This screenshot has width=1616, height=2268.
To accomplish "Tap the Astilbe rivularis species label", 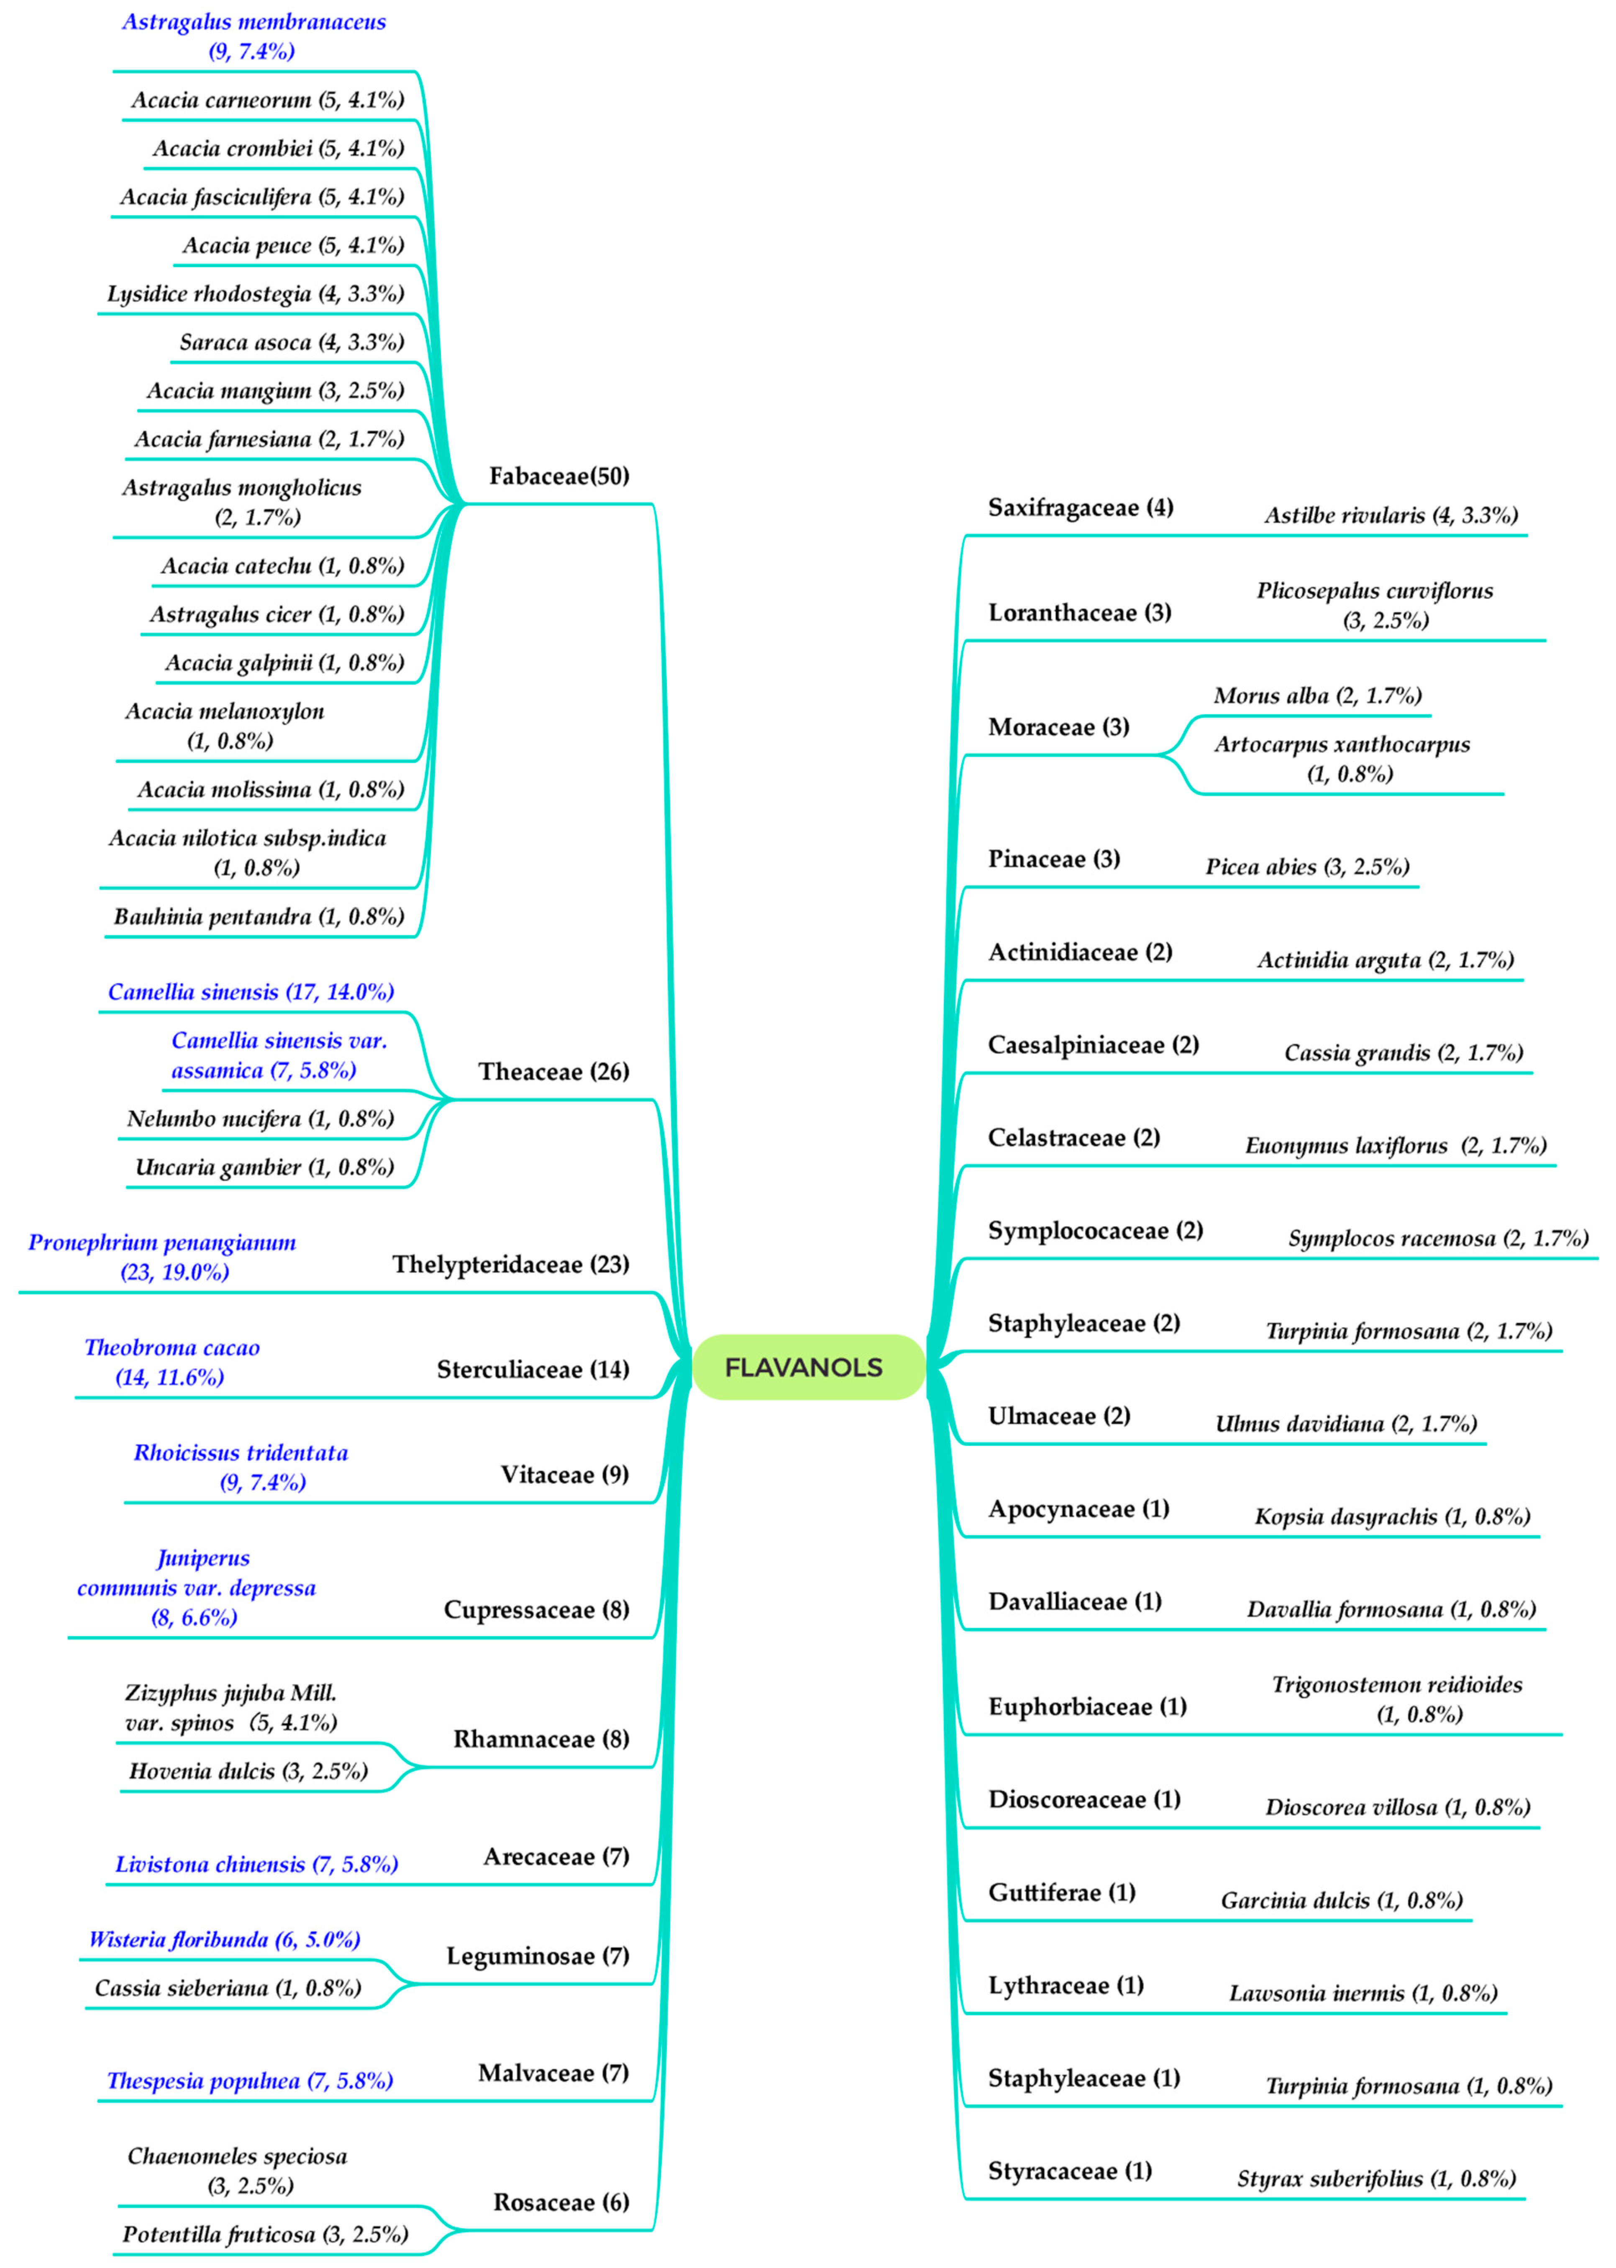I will coord(1390,516).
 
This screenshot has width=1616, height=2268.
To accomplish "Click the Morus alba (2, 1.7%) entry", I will coord(1316,695).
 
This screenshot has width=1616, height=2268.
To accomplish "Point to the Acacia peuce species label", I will coord(292,245).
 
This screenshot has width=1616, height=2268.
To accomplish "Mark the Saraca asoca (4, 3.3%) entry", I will coord(292,342).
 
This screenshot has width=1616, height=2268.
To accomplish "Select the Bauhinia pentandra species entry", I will coord(259,916).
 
